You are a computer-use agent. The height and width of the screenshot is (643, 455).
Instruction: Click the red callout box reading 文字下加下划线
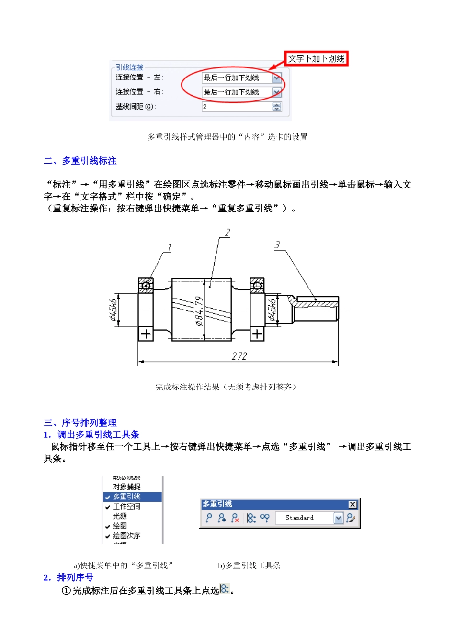[x=316, y=59]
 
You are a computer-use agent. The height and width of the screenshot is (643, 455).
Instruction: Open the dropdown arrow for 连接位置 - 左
[x=277, y=78]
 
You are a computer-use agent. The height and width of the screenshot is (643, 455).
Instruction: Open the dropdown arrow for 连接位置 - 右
[x=277, y=92]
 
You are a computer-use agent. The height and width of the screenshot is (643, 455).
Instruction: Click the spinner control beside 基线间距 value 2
[x=277, y=107]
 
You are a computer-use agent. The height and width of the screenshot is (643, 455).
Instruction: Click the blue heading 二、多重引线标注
[x=80, y=161]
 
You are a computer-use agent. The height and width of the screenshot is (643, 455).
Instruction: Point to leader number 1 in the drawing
[x=169, y=247]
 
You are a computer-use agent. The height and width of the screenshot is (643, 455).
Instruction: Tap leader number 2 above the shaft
[x=227, y=233]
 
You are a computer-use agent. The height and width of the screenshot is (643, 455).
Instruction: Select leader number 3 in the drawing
[x=277, y=245]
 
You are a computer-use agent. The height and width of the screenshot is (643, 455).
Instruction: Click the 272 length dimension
[x=239, y=356]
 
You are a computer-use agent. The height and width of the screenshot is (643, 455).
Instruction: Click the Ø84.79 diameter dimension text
[x=199, y=311]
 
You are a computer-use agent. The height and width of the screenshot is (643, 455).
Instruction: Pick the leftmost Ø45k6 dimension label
[x=114, y=310]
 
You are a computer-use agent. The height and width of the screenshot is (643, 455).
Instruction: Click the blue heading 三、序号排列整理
[x=80, y=423]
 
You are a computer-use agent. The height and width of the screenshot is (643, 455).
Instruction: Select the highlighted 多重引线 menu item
[x=127, y=497]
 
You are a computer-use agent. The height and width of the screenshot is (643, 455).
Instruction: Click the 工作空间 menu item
[x=126, y=507]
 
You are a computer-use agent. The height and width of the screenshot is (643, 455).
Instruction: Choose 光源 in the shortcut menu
[x=120, y=516]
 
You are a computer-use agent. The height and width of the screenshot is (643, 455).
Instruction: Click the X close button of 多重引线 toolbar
[x=353, y=504]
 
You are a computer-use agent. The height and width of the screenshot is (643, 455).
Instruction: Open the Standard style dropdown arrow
[x=339, y=518]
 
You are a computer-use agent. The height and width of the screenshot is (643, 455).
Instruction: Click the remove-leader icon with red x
[x=235, y=518]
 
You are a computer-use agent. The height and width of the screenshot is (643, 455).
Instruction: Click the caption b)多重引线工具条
[x=249, y=565]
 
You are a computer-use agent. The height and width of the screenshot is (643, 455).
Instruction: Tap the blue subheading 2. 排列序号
[x=68, y=577]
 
